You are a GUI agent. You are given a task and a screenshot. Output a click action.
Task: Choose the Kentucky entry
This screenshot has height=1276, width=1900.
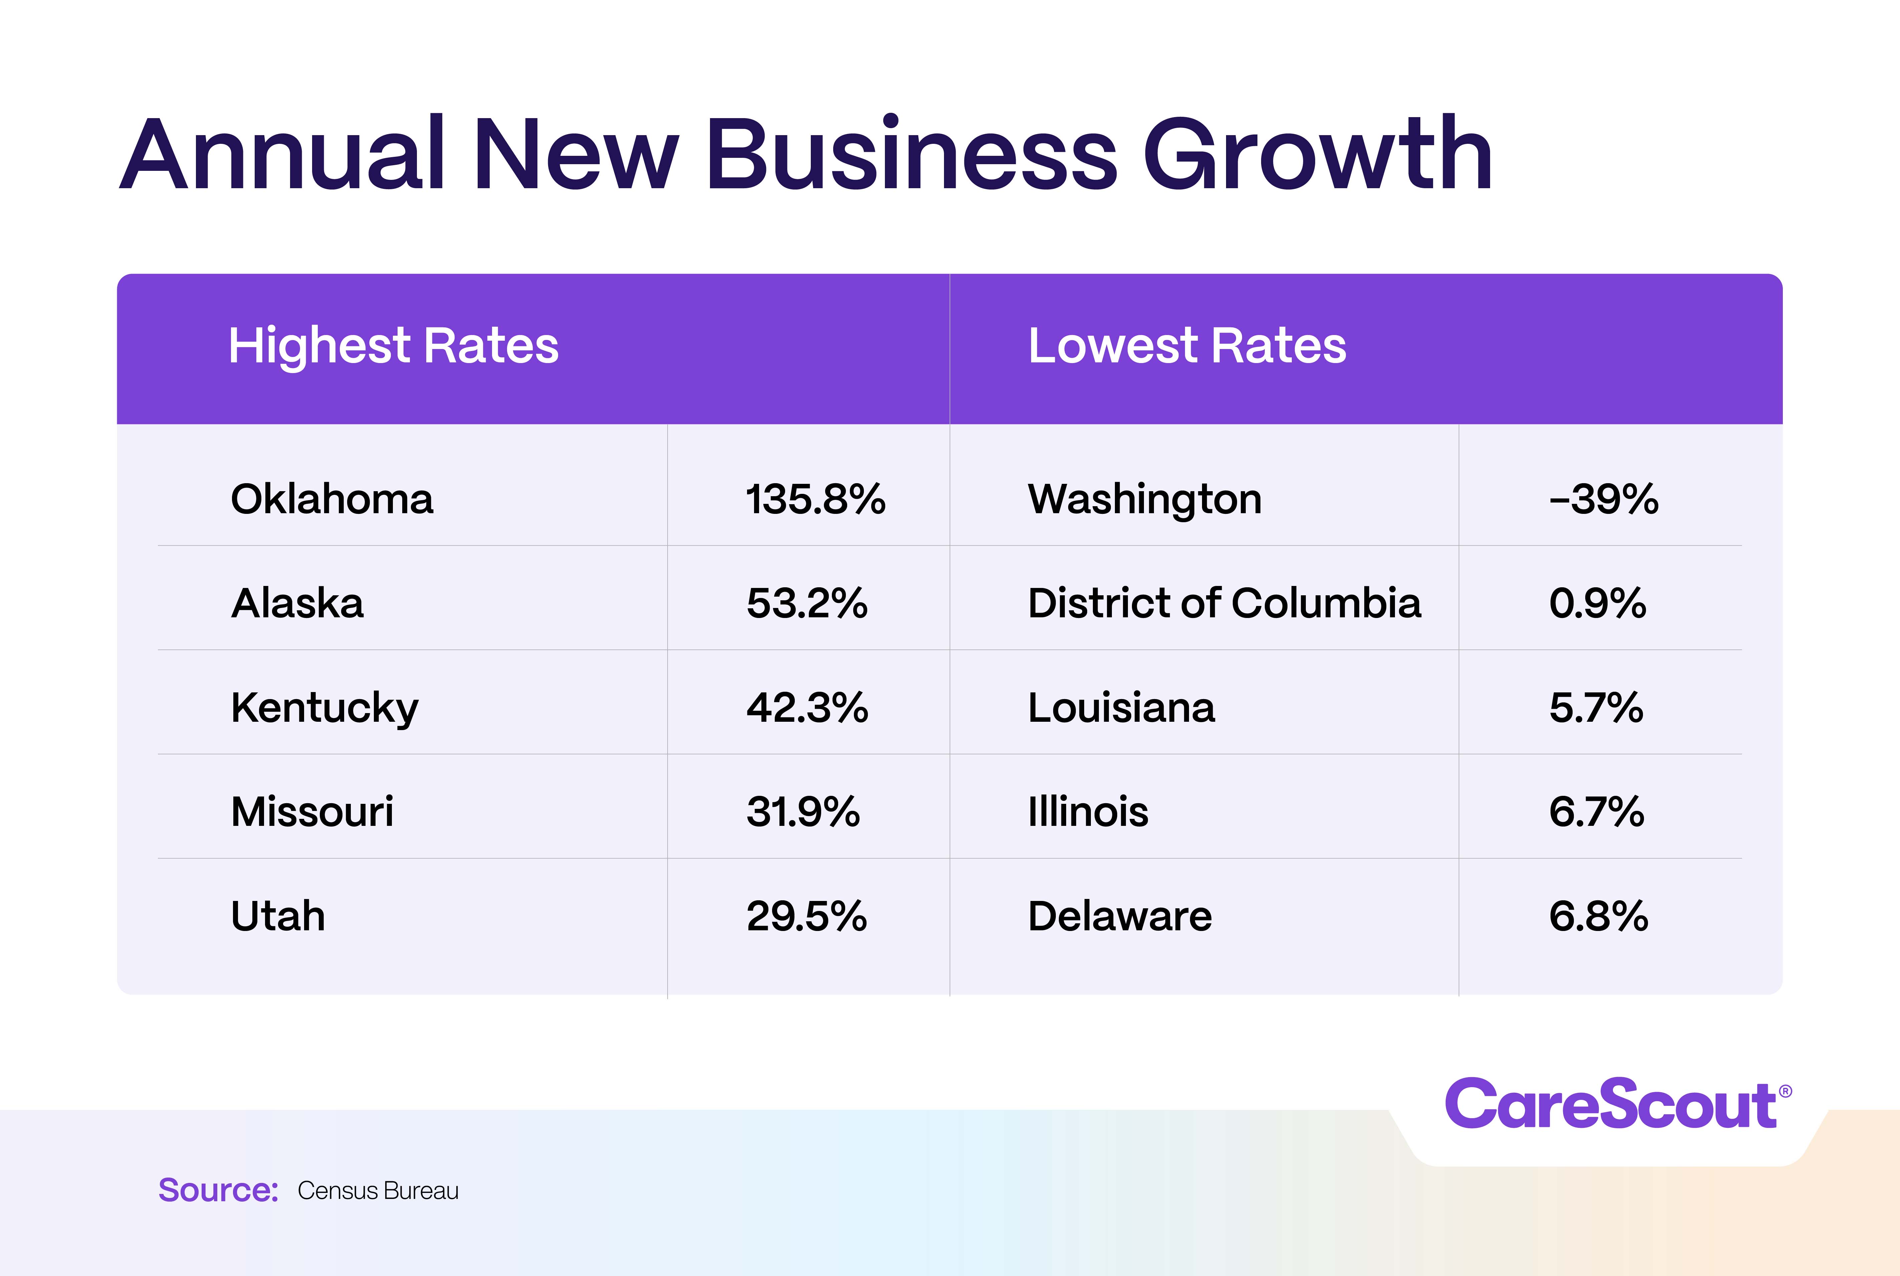click(x=324, y=708)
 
